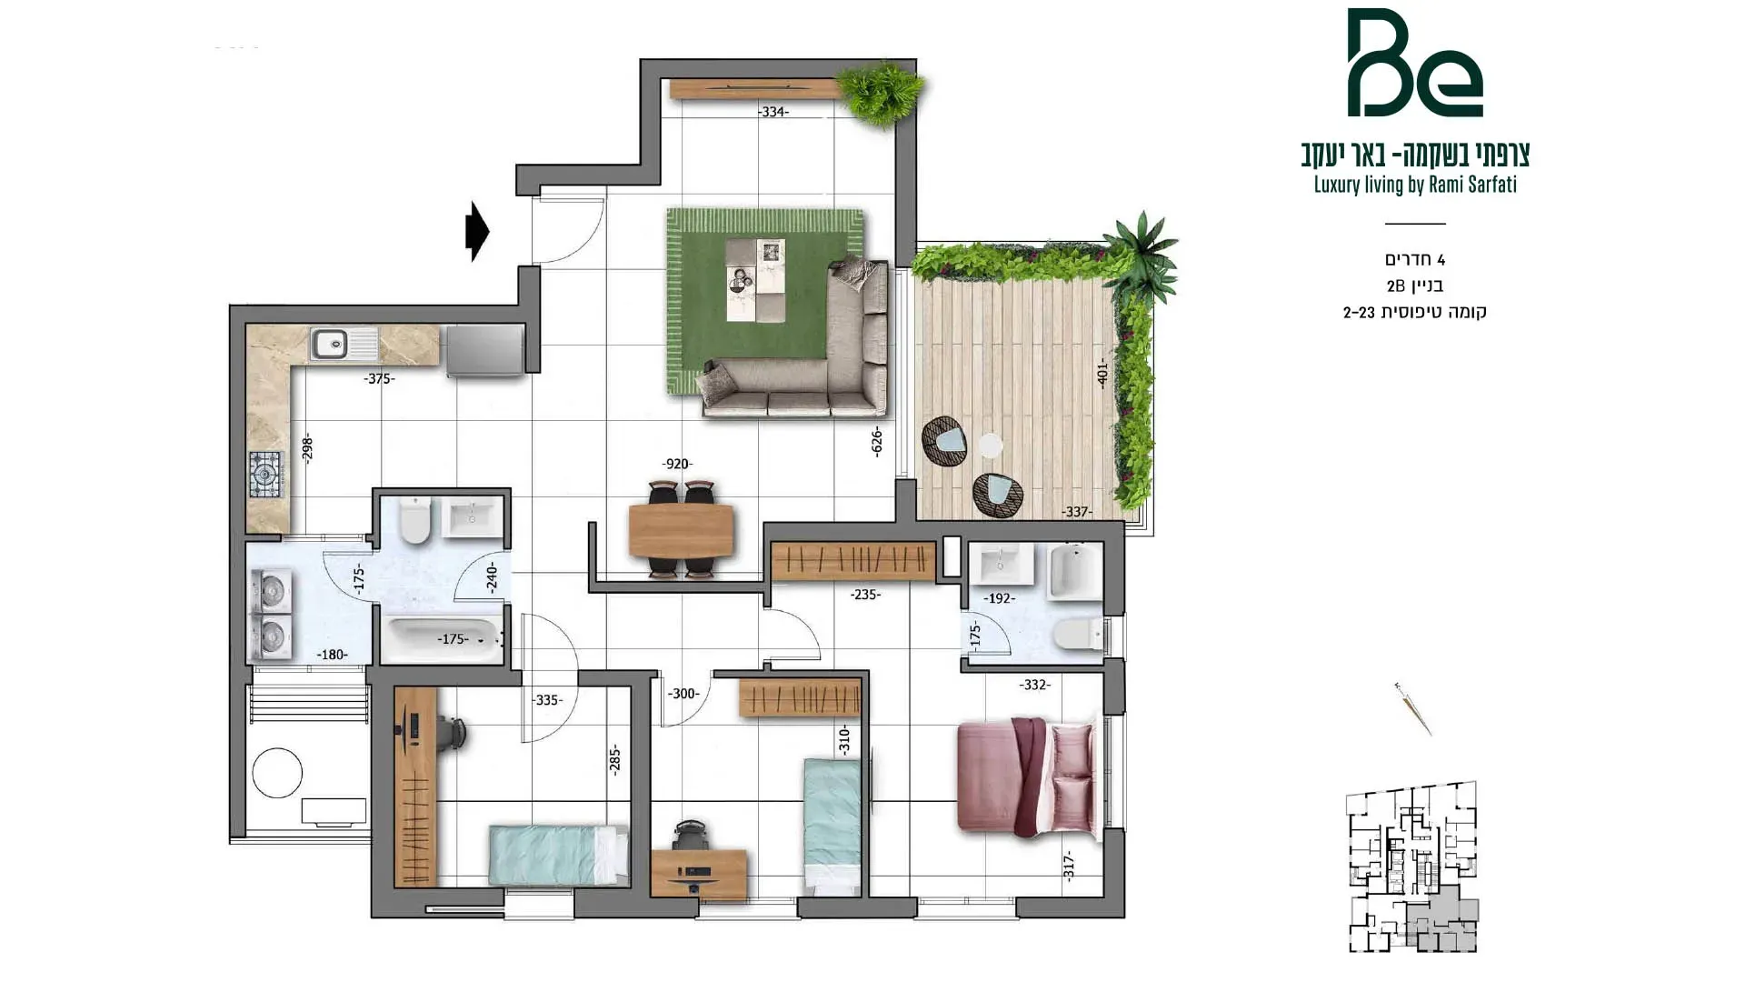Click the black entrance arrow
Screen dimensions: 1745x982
click(x=477, y=231)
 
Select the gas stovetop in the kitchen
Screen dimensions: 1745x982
click(x=266, y=474)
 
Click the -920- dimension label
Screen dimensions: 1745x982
click(x=677, y=464)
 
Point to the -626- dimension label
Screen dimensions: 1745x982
click(x=876, y=441)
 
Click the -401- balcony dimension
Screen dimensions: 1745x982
click(x=1102, y=373)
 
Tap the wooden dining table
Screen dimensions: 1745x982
click(x=681, y=531)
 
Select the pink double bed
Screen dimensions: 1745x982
click(x=1028, y=776)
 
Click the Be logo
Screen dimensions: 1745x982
click(x=1414, y=63)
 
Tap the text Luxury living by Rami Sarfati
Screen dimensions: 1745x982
click(x=1415, y=185)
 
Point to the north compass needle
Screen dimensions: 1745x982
click(x=1413, y=708)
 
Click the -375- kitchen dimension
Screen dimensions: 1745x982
click(x=379, y=378)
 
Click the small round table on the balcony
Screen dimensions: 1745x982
click(x=990, y=446)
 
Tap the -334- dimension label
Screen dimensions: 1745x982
click(x=773, y=112)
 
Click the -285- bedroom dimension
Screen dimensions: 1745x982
click(x=614, y=760)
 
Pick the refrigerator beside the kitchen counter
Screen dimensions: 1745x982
click(x=484, y=350)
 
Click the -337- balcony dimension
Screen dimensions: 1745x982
click(x=1077, y=512)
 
